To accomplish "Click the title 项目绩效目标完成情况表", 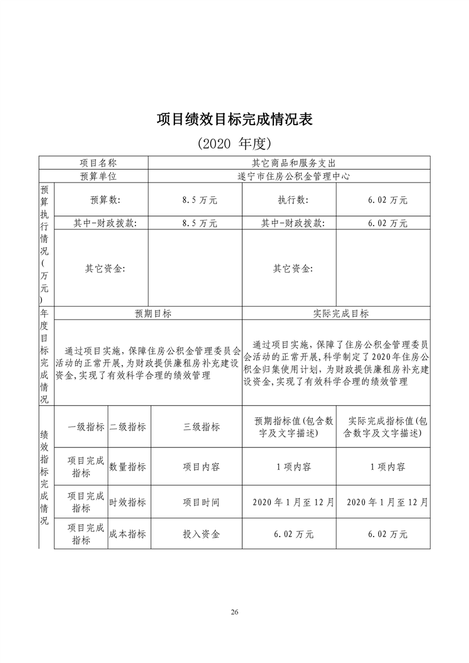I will (x=234, y=119).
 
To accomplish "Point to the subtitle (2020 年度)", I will (x=234, y=144).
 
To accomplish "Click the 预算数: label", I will (x=105, y=200).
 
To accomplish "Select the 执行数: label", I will (x=293, y=200).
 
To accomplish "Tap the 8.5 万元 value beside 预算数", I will (x=200, y=200).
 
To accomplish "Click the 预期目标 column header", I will (x=153, y=314).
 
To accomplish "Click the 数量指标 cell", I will (x=127, y=467).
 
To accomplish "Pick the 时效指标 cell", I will (x=127, y=502).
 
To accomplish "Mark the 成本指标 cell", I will (x=127, y=534).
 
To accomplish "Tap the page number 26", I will (x=235, y=612).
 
